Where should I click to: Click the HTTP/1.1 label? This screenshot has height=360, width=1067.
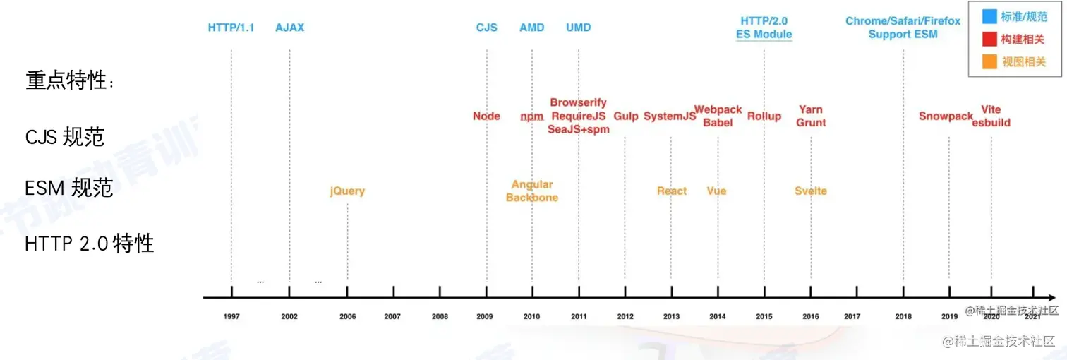pyautogui.click(x=231, y=28)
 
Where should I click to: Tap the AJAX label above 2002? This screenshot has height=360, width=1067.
pyautogui.click(x=289, y=28)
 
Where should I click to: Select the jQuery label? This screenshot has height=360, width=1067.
pyautogui.click(x=347, y=191)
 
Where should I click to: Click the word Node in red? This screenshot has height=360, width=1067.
pyautogui.click(x=486, y=116)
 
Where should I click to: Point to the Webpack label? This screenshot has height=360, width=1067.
pyautogui.click(x=718, y=109)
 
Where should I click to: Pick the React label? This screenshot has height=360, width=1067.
pyautogui.click(x=671, y=191)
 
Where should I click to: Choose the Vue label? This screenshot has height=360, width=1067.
pyautogui.click(x=716, y=191)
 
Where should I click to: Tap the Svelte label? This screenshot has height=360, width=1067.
pyautogui.click(x=810, y=191)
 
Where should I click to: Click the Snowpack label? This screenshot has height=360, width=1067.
pyautogui.click(x=946, y=116)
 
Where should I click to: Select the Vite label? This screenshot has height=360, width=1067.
pyautogui.click(x=991, y=109)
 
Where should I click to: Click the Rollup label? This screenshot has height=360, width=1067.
pyautogui.click(x=764, y=116)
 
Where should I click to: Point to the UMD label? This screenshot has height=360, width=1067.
pyautogui.click(x=578, y=28)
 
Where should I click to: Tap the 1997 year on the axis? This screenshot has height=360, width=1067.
pyautogui.click(x=231, y=317)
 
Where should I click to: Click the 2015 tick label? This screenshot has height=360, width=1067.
pyautogui.click(x=764, y=317)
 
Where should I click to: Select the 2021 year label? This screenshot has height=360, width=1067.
pyautogui.click(x=1032, y=317)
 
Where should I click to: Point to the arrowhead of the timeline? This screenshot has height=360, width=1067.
pyautogui.click(x=1052, y=297)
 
